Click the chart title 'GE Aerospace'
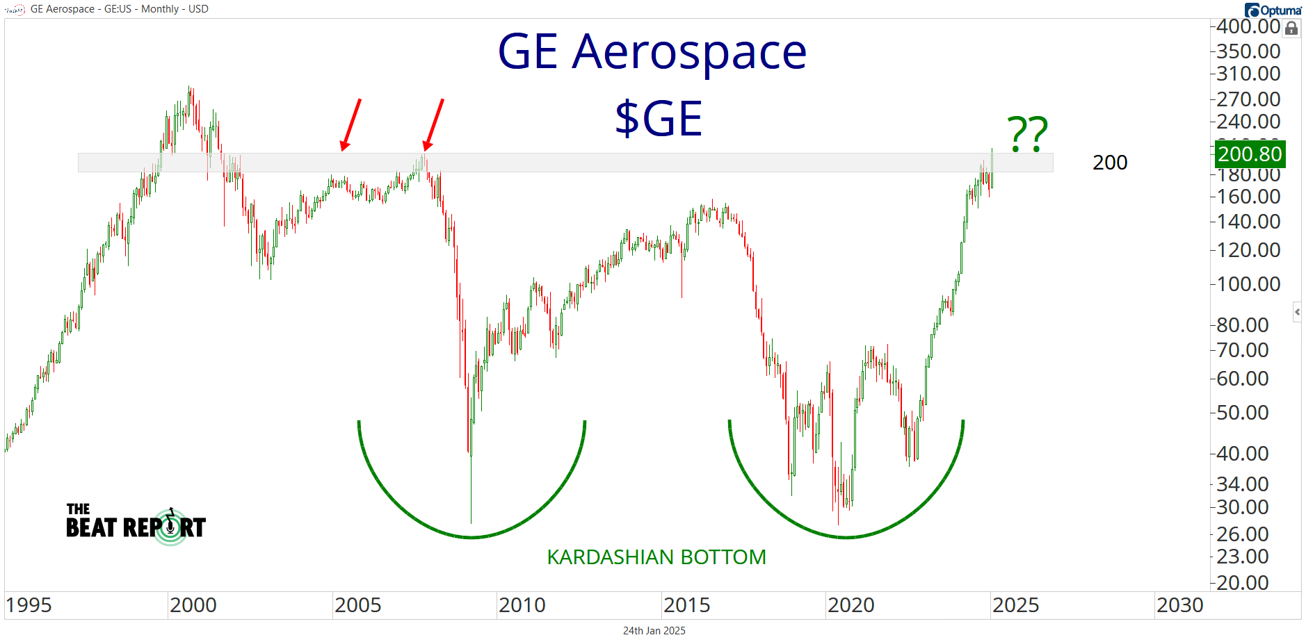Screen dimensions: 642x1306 point(652,52)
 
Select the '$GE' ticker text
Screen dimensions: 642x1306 point(658,118)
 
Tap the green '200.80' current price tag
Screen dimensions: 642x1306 point(1250,154)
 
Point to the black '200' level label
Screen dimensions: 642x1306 point(1109,163)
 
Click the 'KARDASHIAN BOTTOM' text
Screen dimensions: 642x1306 point(656,557)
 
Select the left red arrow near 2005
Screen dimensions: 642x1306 point(351,124)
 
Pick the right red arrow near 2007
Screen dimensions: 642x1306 point(433,124)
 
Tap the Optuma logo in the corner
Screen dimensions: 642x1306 point(1273,10)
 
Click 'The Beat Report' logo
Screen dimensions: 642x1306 point(136,526)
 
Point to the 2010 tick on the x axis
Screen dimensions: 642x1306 point(522,605)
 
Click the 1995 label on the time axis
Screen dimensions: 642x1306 point(29,605)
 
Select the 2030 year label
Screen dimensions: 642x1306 point(1179,605)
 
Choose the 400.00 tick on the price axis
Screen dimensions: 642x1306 point(1248,26)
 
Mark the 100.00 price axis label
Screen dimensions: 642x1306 point(1248,284)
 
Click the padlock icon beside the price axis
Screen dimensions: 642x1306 point(1291,28)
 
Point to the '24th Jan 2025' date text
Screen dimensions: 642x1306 point(654,631)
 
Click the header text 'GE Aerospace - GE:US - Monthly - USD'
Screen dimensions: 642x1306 point(119,9)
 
